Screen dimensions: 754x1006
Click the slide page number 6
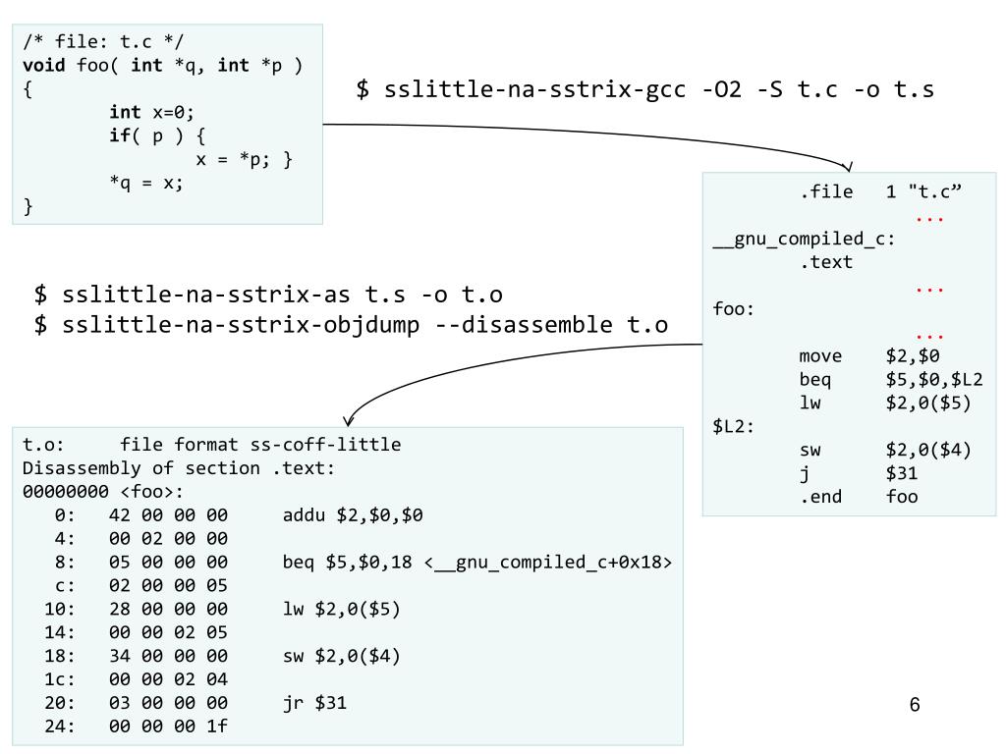point(915,705)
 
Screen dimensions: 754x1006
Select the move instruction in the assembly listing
point(821,355)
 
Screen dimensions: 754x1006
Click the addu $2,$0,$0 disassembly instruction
point(353,514)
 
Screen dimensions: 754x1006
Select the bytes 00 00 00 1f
point(168,727)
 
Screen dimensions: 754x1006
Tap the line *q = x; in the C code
point(146,184)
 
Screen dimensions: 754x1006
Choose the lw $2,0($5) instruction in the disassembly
point(341,609)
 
